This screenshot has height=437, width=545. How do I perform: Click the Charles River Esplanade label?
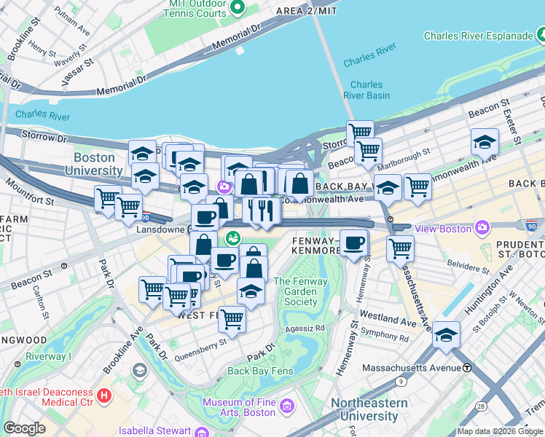click(x=477, y=36)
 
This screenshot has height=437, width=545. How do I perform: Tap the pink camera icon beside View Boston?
click(x=482, y=229)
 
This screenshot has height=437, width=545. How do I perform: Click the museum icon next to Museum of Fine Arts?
click(x=287, y=406)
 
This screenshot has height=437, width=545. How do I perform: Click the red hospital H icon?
click(x=104, y=395)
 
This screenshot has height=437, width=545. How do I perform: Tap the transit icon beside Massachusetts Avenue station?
click(x=467, y=368)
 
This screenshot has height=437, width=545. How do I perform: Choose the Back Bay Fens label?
click(x=259, y=371)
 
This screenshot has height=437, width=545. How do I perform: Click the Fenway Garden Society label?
click(x=301, y=291)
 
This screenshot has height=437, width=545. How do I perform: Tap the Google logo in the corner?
click(x=24, y=428)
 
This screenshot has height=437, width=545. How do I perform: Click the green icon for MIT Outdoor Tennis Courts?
click(x=237, y=8)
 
